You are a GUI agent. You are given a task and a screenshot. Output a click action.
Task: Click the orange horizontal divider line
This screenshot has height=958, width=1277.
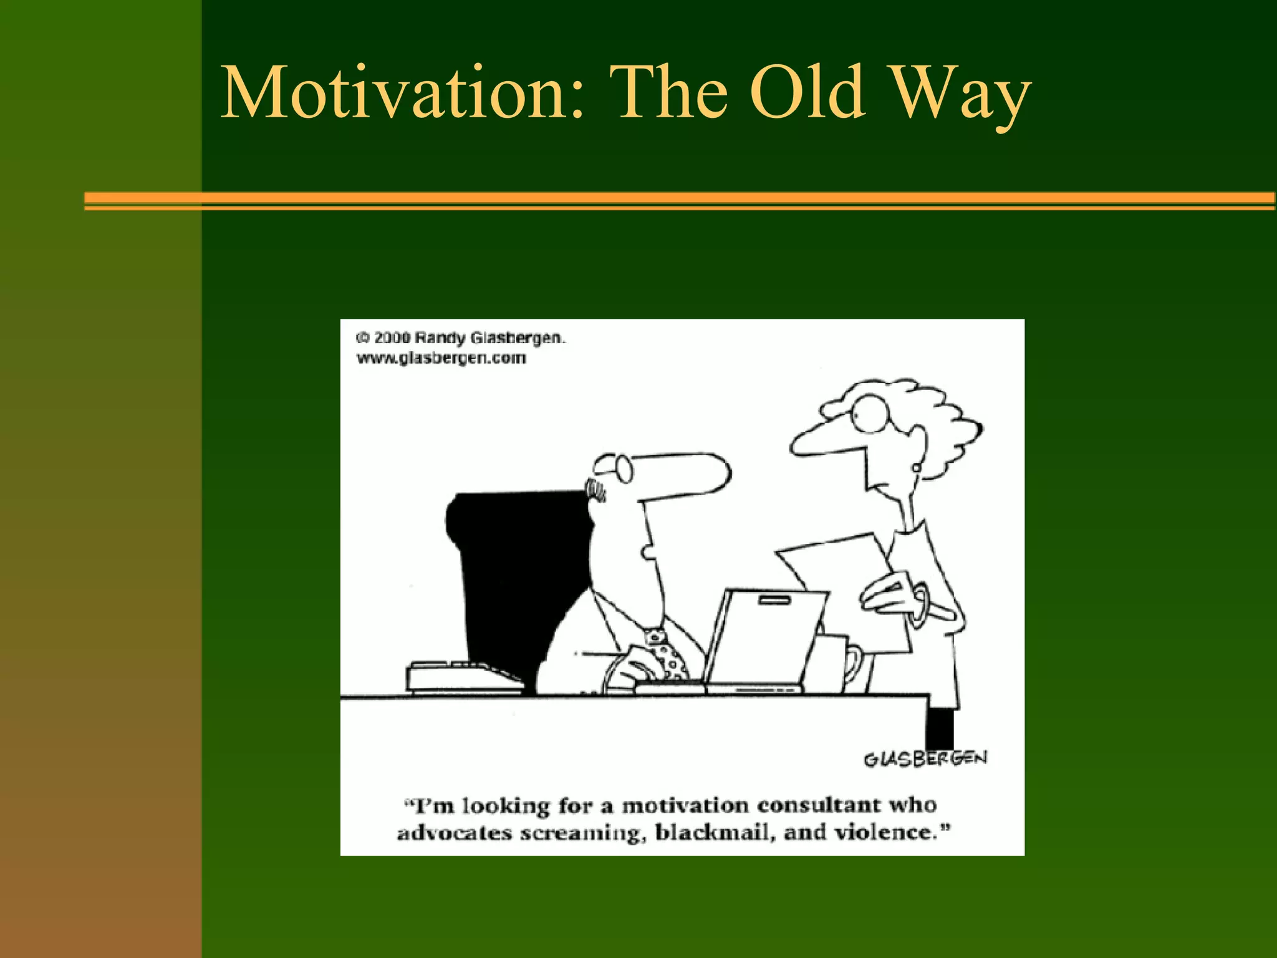680,200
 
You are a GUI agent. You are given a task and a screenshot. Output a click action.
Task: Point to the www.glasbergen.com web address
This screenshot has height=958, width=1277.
441,359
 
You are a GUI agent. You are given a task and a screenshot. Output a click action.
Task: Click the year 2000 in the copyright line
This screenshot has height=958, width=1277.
392,338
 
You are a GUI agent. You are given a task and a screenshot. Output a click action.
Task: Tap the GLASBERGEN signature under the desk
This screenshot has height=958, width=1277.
925,758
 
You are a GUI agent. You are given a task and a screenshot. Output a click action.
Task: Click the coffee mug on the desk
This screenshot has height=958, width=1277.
839,662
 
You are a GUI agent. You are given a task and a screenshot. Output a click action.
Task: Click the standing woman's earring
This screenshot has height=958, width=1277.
916,466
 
